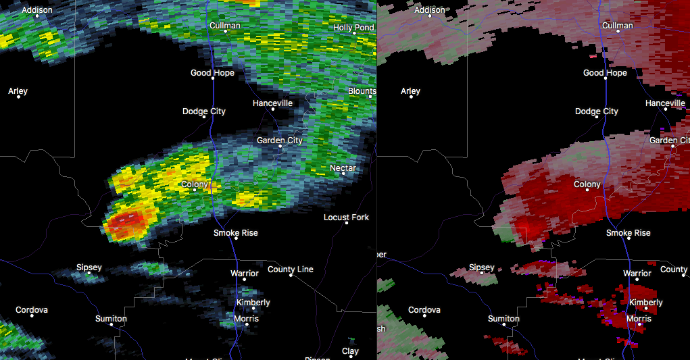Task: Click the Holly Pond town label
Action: pos(353,28)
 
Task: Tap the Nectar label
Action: pos(343,168)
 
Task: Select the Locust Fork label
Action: pos(346,217)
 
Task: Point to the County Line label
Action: pos(291,269)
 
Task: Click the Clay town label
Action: pos(350,351)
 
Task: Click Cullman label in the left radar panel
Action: pos(225,26)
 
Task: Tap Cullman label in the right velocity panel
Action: pos(618,26)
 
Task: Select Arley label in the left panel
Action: pos(18,91)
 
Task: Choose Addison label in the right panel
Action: pos(430,10)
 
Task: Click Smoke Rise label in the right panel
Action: pos(629,233)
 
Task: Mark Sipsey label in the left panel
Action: pos(89,267)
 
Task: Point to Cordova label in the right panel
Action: pos(424,310)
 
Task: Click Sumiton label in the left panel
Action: pos(111,318)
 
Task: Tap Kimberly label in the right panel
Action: pos(645,303)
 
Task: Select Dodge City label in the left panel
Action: pos(204,111)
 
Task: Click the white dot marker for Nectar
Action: pos(343,174)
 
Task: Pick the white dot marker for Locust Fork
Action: pos(347,223)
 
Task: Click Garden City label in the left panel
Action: pos(279,140)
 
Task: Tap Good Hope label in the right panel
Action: pos(605,73)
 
